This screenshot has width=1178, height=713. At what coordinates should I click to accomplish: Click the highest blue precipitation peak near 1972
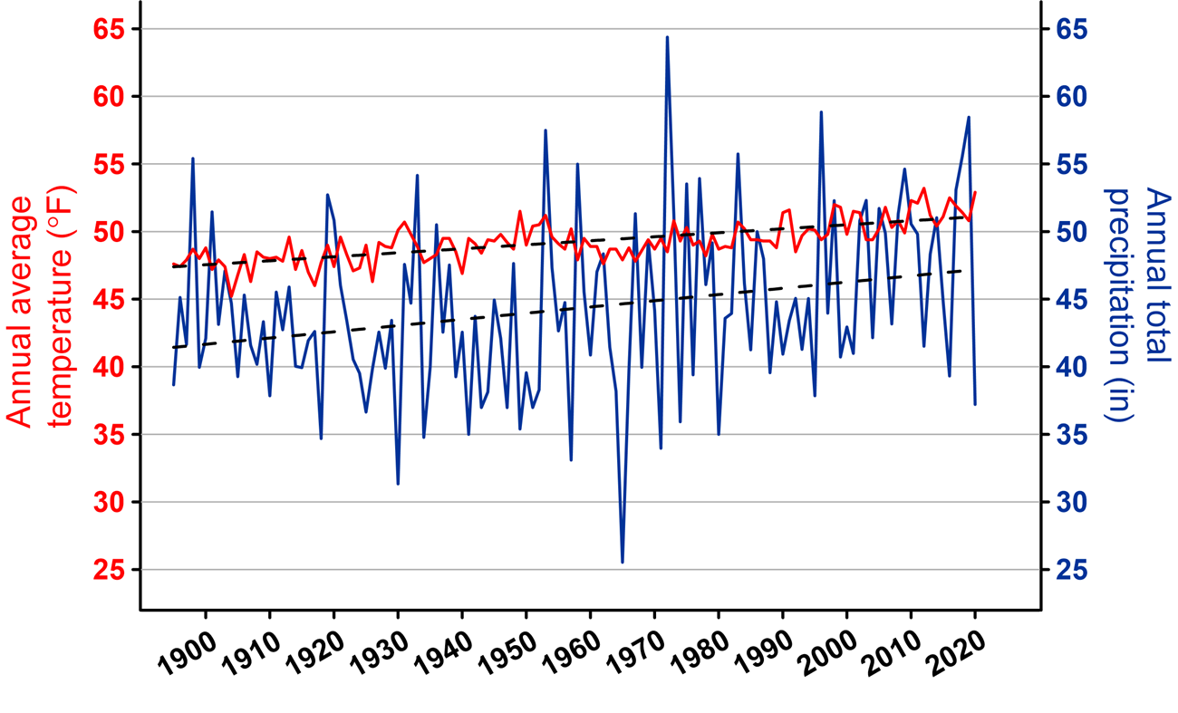tap(667, 37)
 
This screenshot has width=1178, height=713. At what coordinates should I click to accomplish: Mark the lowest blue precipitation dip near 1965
tap(623, 563)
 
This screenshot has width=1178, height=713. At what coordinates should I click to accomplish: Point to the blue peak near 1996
tap(821, 112)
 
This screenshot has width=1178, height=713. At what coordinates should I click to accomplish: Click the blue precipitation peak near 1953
tap(546, 130)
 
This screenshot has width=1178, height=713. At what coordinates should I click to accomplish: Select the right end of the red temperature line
tap(975, 192)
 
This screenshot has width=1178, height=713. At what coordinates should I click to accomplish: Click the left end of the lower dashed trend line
tap(173, 348)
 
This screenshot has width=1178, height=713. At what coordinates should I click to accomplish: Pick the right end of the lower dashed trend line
tap(961, 270)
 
